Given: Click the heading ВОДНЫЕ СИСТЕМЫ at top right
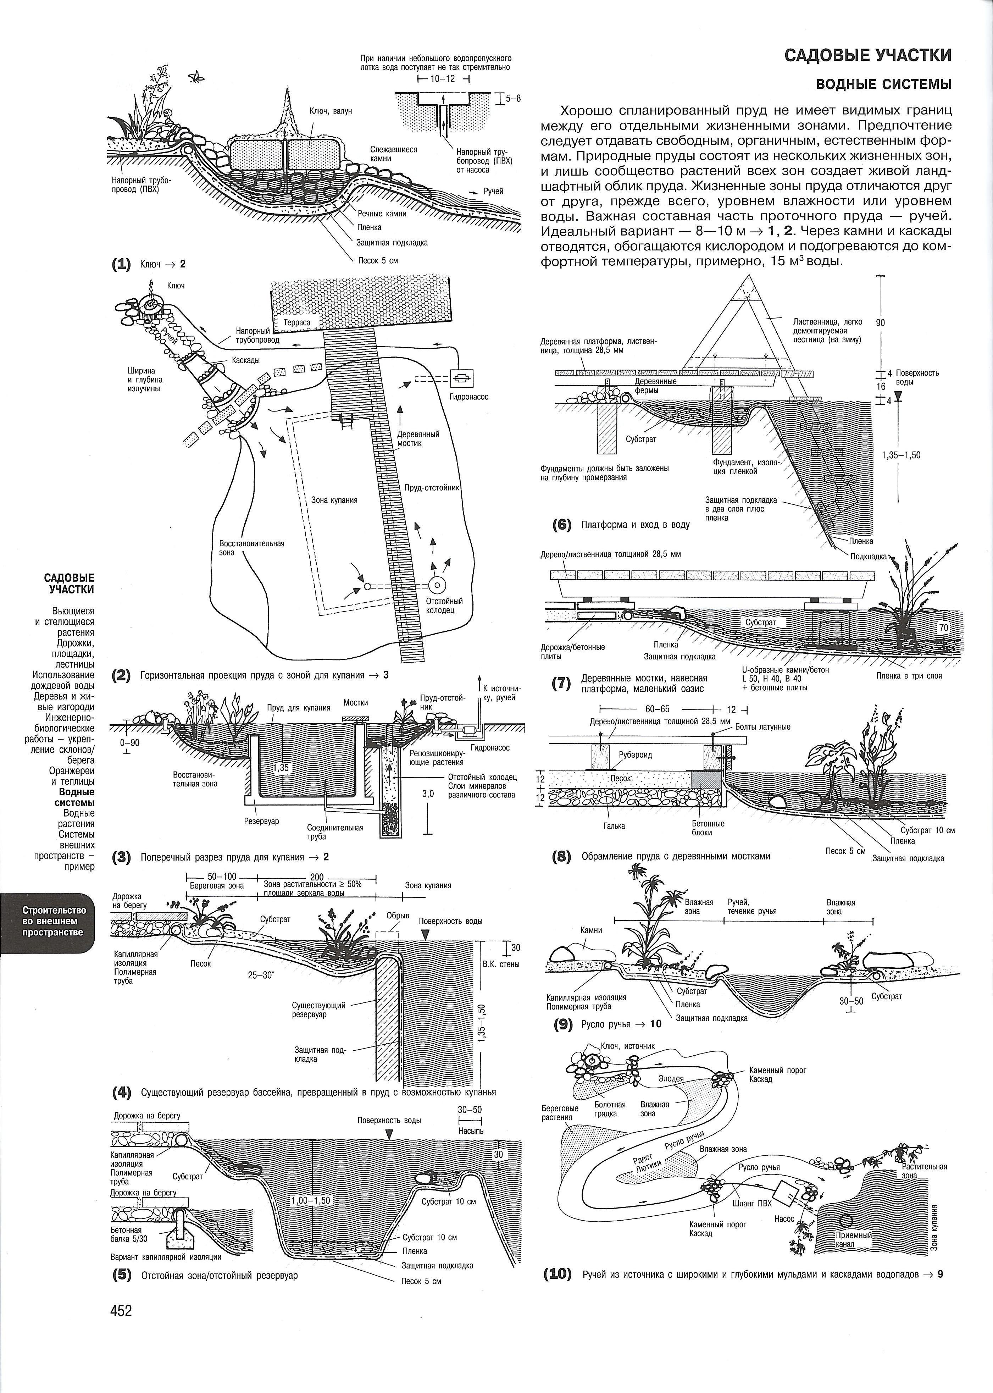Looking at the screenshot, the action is pyautogui.click(x=883, y=84).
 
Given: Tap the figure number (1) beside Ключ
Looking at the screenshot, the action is pyautogui.click(x=121, y=264).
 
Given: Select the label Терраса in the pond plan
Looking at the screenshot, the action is pyautogui.click(x=297, y=322).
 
